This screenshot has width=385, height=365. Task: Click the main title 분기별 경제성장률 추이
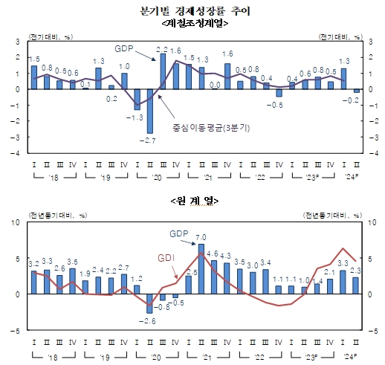coord(192,10)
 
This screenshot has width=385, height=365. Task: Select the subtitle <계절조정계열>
coord(192,23)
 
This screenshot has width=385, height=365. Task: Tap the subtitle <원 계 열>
coord(192,201)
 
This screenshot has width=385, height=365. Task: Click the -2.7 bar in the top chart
coord(149,111)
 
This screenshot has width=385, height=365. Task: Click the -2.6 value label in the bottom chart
coord(149,320)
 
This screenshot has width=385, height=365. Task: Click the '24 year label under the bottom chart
coord(346,357)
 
